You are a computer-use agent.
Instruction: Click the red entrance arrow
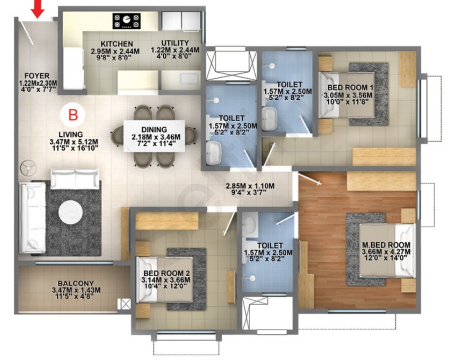coord(38,9)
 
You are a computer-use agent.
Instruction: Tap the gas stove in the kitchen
coord(126,21)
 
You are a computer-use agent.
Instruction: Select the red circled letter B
coord(73,115)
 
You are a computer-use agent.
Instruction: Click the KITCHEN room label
coord(117,44)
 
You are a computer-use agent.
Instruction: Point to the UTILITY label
coord(175,43)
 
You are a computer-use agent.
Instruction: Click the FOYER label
coord(37,76)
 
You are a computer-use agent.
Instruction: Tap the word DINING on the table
coord(154,130)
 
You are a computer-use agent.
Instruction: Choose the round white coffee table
coord(71,213)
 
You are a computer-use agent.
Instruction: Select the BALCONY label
coord(75,283)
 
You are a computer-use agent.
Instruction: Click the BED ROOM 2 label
coord(167,273)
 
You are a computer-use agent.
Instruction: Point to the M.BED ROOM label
coord(386,245)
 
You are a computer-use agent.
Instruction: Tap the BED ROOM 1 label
coord(348,87)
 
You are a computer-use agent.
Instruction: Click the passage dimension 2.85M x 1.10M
coord(250,186)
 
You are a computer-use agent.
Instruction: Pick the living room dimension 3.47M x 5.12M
coord(74,142)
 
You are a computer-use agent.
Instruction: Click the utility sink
coord(188,78)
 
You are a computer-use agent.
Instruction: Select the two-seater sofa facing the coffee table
coord(75,179)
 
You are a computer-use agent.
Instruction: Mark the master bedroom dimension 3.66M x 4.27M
coord(386,252)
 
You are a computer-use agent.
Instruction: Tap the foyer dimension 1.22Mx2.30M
coord(38,83)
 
